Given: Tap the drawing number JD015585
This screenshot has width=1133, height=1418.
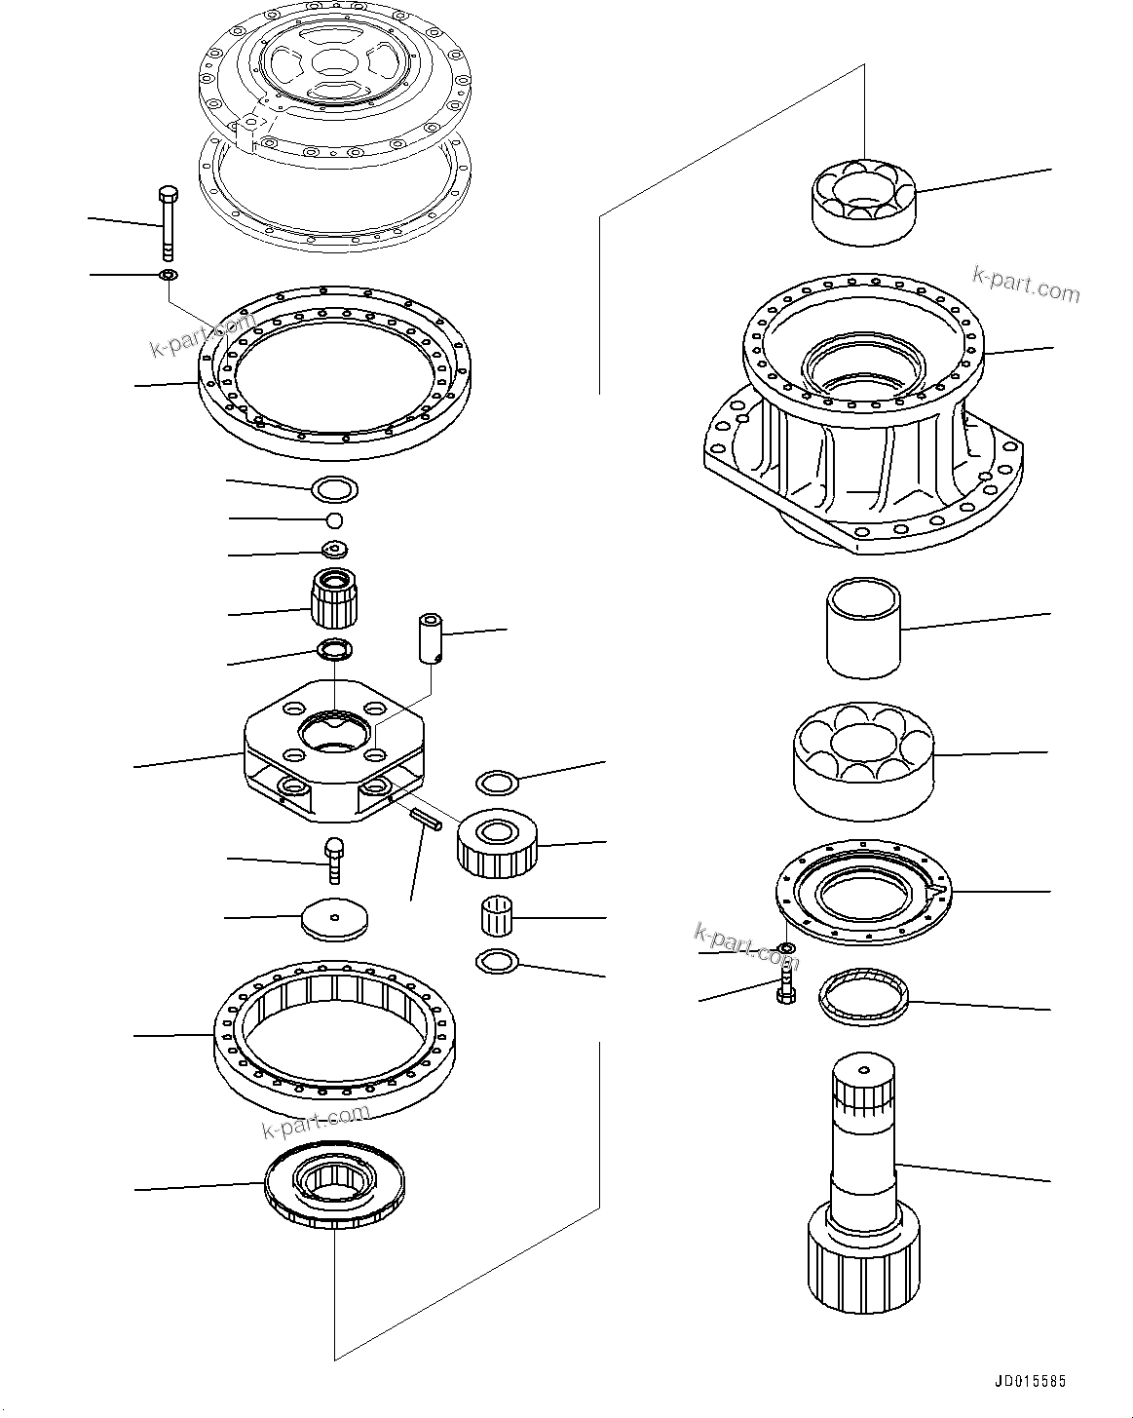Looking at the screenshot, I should [x=1031, y=1381].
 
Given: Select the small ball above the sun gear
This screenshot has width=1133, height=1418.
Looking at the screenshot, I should [x=334, y=518].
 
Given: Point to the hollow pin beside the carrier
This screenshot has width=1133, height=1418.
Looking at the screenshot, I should [x=431, y=638].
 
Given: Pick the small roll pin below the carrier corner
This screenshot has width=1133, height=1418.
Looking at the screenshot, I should [x=426, y=822].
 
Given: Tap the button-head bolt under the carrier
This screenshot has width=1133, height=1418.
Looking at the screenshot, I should [x=332, y=859].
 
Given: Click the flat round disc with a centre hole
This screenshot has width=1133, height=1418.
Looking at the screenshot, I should [x=336, y=919].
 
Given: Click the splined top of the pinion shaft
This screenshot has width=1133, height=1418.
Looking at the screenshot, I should [x=862, y=1087].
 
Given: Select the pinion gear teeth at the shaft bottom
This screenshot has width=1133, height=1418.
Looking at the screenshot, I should [x=862, y=1257].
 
